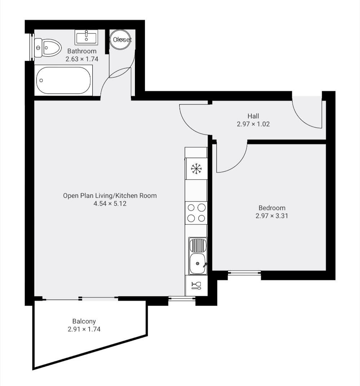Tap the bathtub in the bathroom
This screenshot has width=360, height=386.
[63, 80]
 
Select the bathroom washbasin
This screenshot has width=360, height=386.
[87, 37]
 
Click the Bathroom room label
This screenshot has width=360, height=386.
[82, 51]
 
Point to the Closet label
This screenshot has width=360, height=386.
[122, 40]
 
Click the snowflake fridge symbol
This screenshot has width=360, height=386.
[196, 168]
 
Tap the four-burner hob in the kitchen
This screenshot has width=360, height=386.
[196, 212]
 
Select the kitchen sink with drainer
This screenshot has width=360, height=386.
[197, 256]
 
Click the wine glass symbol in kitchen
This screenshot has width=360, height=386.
[196, 286]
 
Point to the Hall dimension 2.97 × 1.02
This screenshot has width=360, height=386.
[253, 124]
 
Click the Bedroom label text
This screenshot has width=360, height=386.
[272, 208]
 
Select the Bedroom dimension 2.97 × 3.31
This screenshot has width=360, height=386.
[272, 216]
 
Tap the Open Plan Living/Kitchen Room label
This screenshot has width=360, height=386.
[110, 196]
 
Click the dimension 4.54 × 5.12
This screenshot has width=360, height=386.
[110, 204]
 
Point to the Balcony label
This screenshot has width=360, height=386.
[84, 321]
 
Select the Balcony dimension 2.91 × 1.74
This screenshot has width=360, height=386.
[84, 329]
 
